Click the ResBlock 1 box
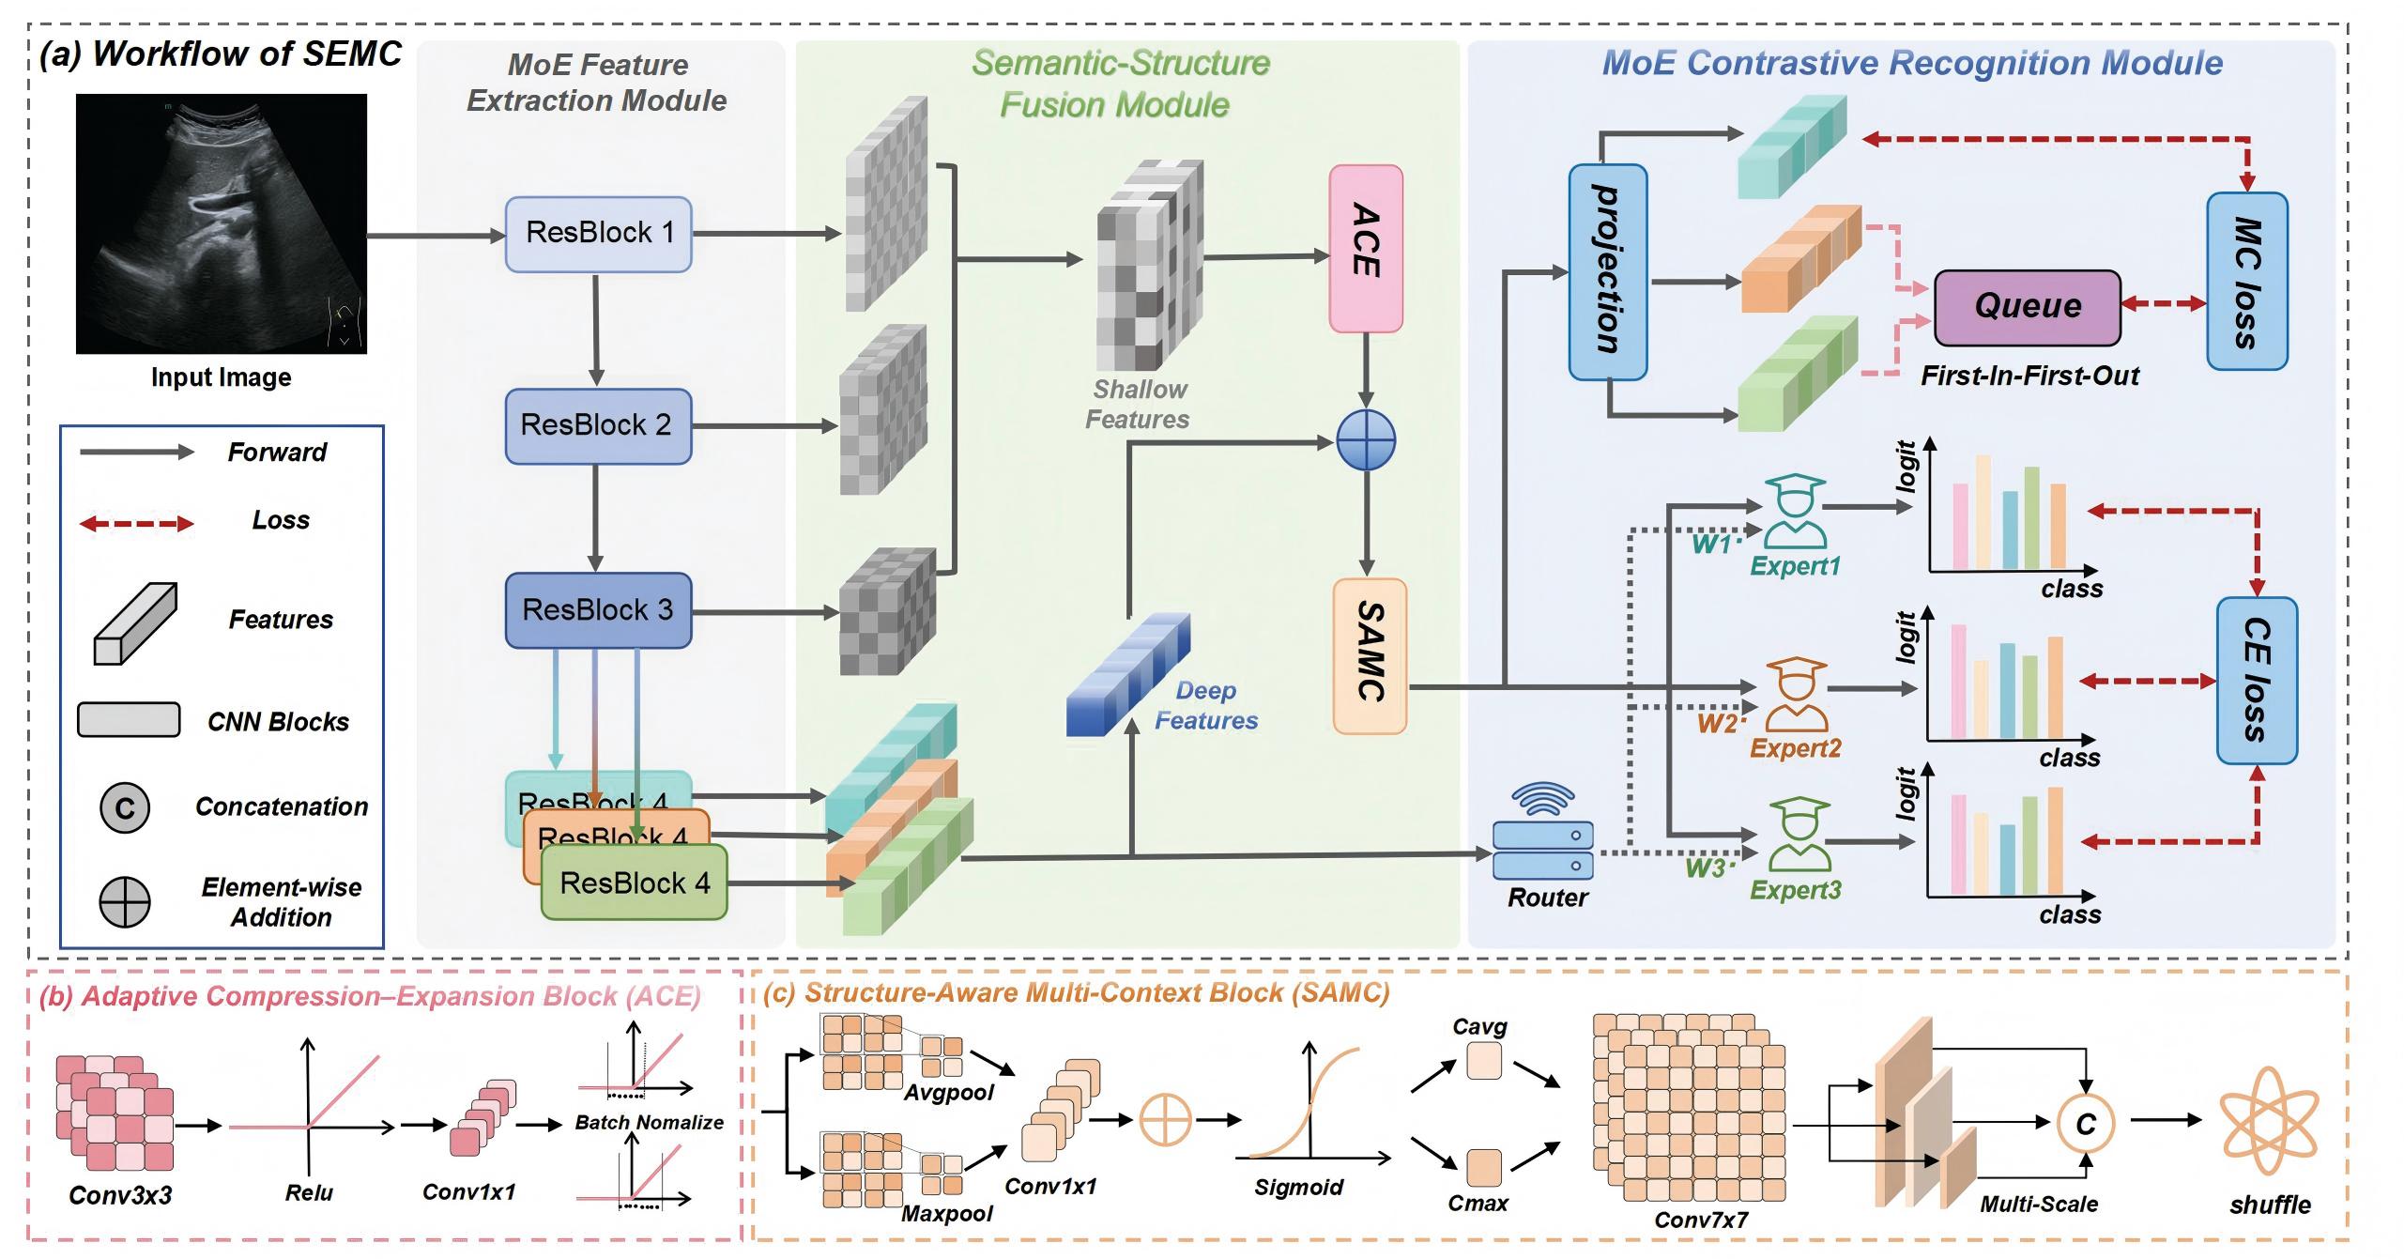(598, 234)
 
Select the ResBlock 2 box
(598, 425)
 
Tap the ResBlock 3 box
(598, 610)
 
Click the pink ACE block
(1366, 249)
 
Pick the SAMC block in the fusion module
(1370, 655)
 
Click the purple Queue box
(2028, 307)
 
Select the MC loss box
(2246, 281)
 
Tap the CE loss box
(2257, 680)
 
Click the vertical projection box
(1607, 272)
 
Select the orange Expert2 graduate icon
(1796, 695)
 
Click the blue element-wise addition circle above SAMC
(1366, 440)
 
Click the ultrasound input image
(222, 223)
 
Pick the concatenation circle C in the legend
(125, 807)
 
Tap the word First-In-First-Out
(2029, 376)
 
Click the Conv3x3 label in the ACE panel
(120, 1195)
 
